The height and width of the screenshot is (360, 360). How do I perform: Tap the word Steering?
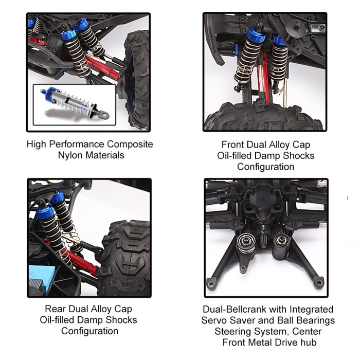pos(234,331)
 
